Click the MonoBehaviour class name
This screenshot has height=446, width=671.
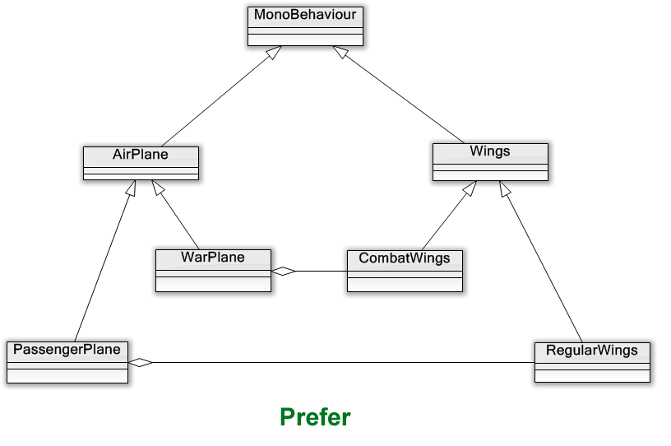click(x=304, y=16)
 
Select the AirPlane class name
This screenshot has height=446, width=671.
click(x=141, y=155)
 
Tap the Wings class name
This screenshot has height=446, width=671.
click(x=489, y=151)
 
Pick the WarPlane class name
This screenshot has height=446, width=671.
click(x=213, y=258)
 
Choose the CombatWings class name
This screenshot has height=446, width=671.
click(x=404, y=258)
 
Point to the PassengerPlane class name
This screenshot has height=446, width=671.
click(x=67, y=350)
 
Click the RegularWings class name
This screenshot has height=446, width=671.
click(x=591, y=351)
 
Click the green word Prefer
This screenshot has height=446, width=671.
click(x=315, y=417)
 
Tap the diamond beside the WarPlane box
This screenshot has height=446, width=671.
click(x=284, y=271)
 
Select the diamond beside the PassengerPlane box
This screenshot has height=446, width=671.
click(x=141, y=362)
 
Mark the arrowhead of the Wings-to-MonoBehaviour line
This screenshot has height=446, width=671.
click(x=340, y=53)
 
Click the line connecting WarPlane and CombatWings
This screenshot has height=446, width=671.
click(x=322, y=271)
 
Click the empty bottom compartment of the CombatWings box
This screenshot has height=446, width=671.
click(x=404, y=284)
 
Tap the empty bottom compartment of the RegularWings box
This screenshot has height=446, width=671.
click(x=591, y=375)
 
